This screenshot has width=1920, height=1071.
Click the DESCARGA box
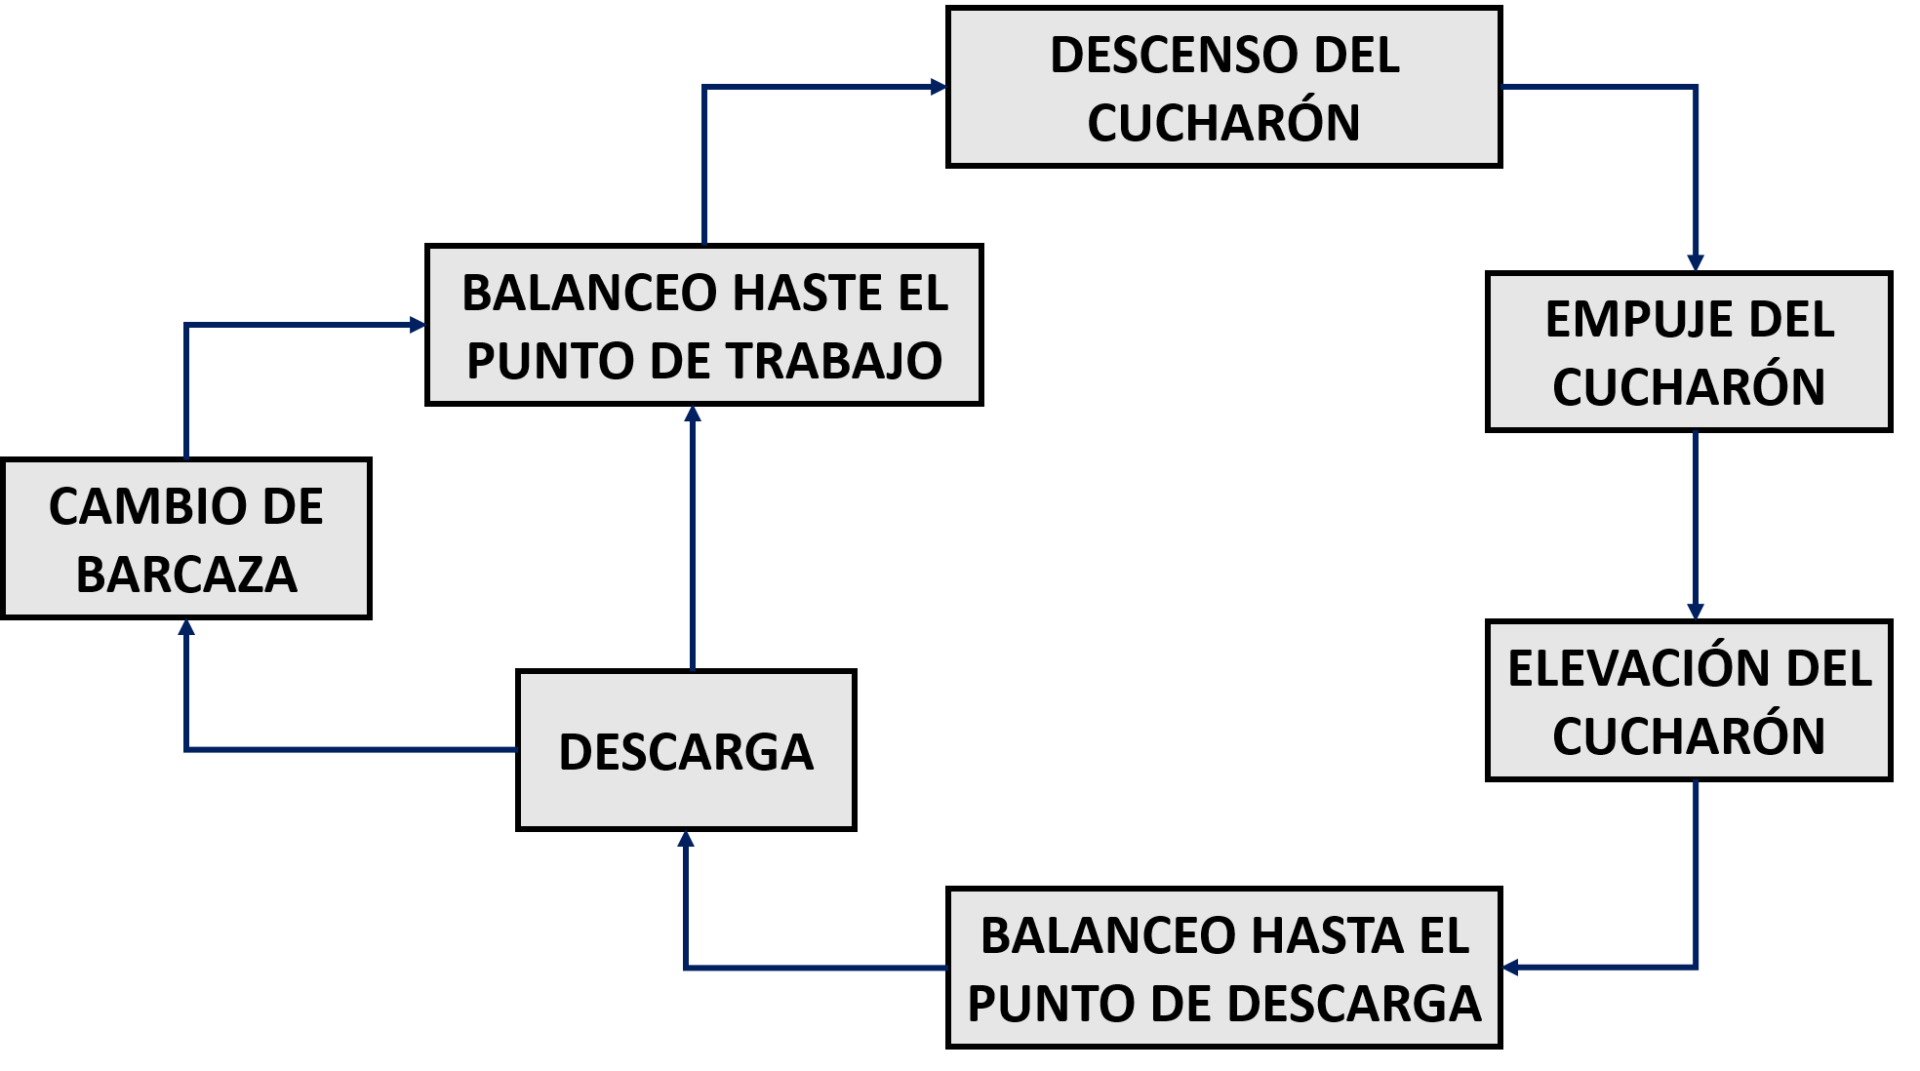pyautogui.click(x=686, y=751)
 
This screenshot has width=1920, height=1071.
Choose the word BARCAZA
pyautogui.click(x=186, y=575)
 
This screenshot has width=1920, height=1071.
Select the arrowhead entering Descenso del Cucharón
pyautogui.click(x=939, y=87)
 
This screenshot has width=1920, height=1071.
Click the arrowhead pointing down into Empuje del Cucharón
pyautogui.click(x=1696, y=262)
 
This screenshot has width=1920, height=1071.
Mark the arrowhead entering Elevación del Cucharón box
pyautogui.click(x=1696, y=612)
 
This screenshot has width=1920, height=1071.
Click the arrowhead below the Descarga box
pyautogui.click(x=686, y=839)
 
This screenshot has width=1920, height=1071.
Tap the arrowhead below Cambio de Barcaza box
pyautogui.click(x=186, y=627)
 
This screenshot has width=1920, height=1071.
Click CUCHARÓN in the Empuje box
pyautogui.click(x=1689, y=387)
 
